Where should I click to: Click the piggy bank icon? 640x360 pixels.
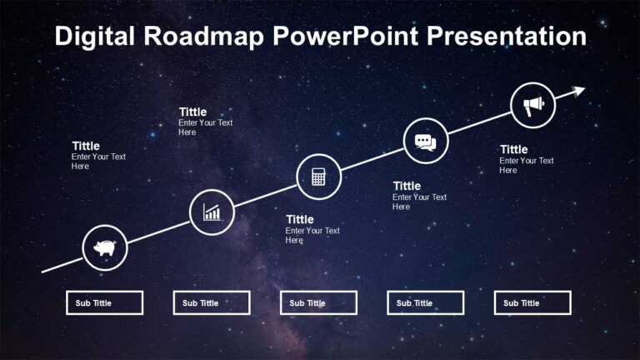coord(105,247)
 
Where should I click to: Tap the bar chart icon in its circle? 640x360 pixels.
coord(212,212)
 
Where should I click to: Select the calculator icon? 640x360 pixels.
coord(318,177)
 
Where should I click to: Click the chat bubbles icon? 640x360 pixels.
coord(426,141)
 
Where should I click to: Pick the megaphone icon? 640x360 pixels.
coord(532,105)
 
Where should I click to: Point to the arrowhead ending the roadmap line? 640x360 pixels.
coord(579,89)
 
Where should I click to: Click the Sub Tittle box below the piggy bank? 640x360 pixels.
coord(104,302)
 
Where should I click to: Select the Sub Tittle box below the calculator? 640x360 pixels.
coord(318,302)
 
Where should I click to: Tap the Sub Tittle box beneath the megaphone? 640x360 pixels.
coord(532,302)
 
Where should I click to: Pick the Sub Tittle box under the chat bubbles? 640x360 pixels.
coord(425,302)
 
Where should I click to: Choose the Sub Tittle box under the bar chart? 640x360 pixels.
coord(212,302)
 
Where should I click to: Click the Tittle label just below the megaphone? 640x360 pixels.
coord(514,150)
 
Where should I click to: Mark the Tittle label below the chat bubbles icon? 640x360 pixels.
coord(407,186)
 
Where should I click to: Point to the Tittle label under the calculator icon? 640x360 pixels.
coord(300,220)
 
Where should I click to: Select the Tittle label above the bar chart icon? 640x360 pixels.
coord(192,112)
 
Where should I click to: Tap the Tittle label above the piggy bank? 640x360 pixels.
coord(86,146)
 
